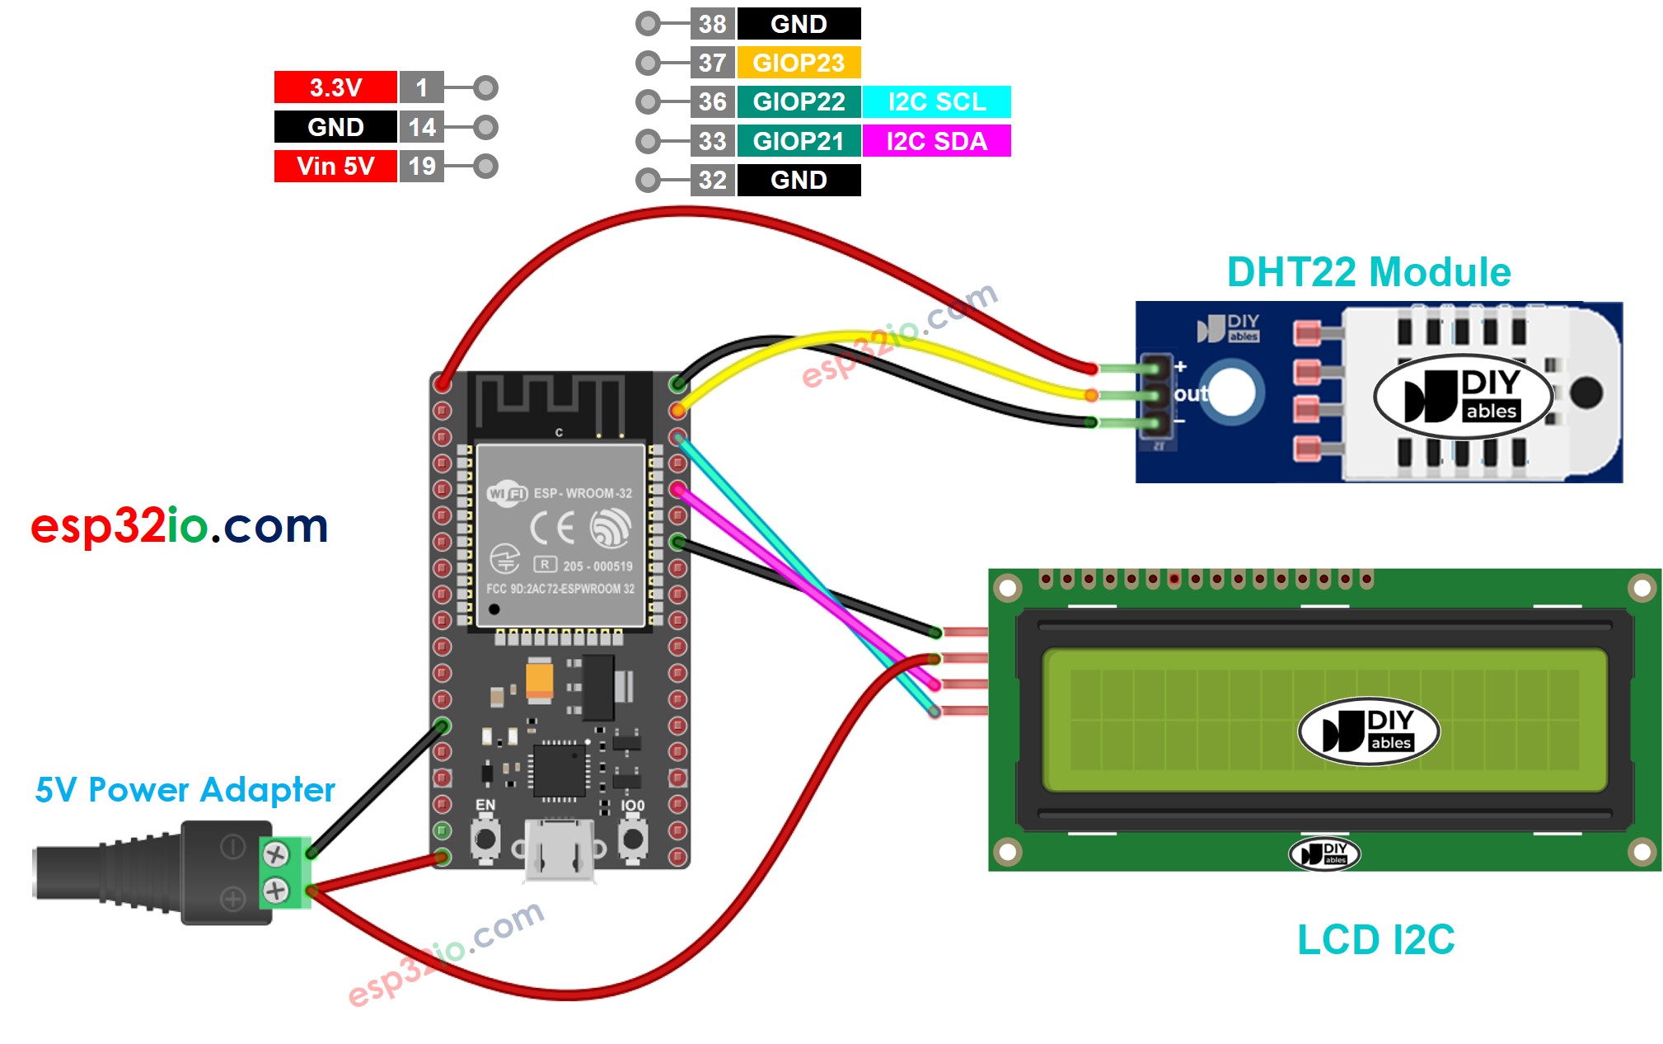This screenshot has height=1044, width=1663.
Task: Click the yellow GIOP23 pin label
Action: pyautogui.click(x=798, y=63)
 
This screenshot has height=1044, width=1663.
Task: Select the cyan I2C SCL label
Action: pyautogui.click(x=936, y=101)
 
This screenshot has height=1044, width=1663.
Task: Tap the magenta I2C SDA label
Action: pyautogui.click(x=936, y=141)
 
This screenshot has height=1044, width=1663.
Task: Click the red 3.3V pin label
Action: pyautogui.click(x=335, y=87)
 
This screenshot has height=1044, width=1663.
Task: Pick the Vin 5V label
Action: pyautogui.click(x=335, y=166)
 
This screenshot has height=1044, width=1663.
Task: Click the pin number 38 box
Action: pyautogui.click(x=712, y=24)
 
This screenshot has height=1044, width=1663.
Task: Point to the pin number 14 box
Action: pyautogui.click(x=421, y=127)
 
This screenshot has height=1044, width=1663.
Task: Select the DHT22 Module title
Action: pyautogui.click(x=1368, y=272)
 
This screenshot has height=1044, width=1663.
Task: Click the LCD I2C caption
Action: pyautogui.click(x=1375, y=939)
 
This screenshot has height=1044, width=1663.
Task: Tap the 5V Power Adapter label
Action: pyautogui.click(x=185, y=790)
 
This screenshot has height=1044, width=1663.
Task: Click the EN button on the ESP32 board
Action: pyautogui.click(x=485, y=839)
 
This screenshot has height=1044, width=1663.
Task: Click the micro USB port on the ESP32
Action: pyautogui.click(x=560, y=849)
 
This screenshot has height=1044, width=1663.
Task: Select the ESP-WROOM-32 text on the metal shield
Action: pyautogui.click(x=582, y=493)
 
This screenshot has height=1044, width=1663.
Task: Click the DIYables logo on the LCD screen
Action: pyautogui.click(x=1368, y=731)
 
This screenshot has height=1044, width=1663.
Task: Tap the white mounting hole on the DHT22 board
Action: pyautogui.click(x=1231, y=393)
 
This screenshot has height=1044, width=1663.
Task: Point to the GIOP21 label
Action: pyautogui.click(x=798, y=141)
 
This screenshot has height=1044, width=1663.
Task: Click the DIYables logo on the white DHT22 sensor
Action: pyautogui.click(x=1463, y=396)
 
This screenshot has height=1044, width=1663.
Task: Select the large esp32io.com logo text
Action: pyautogui.click(x=179, y=526)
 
